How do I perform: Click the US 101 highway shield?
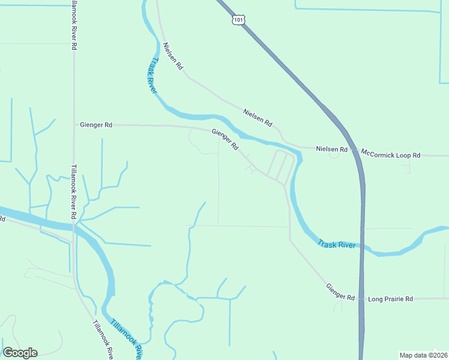(x=239, y=20)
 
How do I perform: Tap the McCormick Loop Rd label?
(x=391, y=155)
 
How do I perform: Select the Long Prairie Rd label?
(x=390, y=298)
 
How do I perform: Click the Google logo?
(x=20, y=353)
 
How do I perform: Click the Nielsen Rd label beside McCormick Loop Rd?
(x=331, y=148)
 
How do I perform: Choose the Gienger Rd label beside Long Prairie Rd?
(x=340, y=293)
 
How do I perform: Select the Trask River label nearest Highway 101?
(x=337, y=244)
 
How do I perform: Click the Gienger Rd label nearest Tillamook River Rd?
(x=96, y=125)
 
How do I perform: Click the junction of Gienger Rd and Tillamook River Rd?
(x=74, y=125)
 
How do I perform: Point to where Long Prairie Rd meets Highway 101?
(x=362, y=298)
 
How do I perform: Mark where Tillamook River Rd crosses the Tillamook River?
(x=74, y=227)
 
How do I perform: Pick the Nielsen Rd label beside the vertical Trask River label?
(x=172, y=57)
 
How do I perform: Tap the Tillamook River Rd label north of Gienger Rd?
(x=74, y=24)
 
